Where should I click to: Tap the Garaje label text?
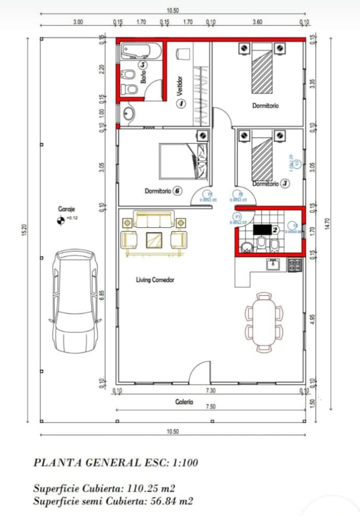[x=66, y=209]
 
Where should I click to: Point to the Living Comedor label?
[x=155, y=280]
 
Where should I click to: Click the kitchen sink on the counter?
[x=273, y=265]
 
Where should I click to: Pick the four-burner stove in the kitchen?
[x=295, y=265]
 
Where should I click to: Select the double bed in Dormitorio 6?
[x=184, y=160]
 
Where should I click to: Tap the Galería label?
[x=184, y=402]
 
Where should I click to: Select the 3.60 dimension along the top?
[x=257, y=22]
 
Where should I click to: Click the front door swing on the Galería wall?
[x=200, y=373]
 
